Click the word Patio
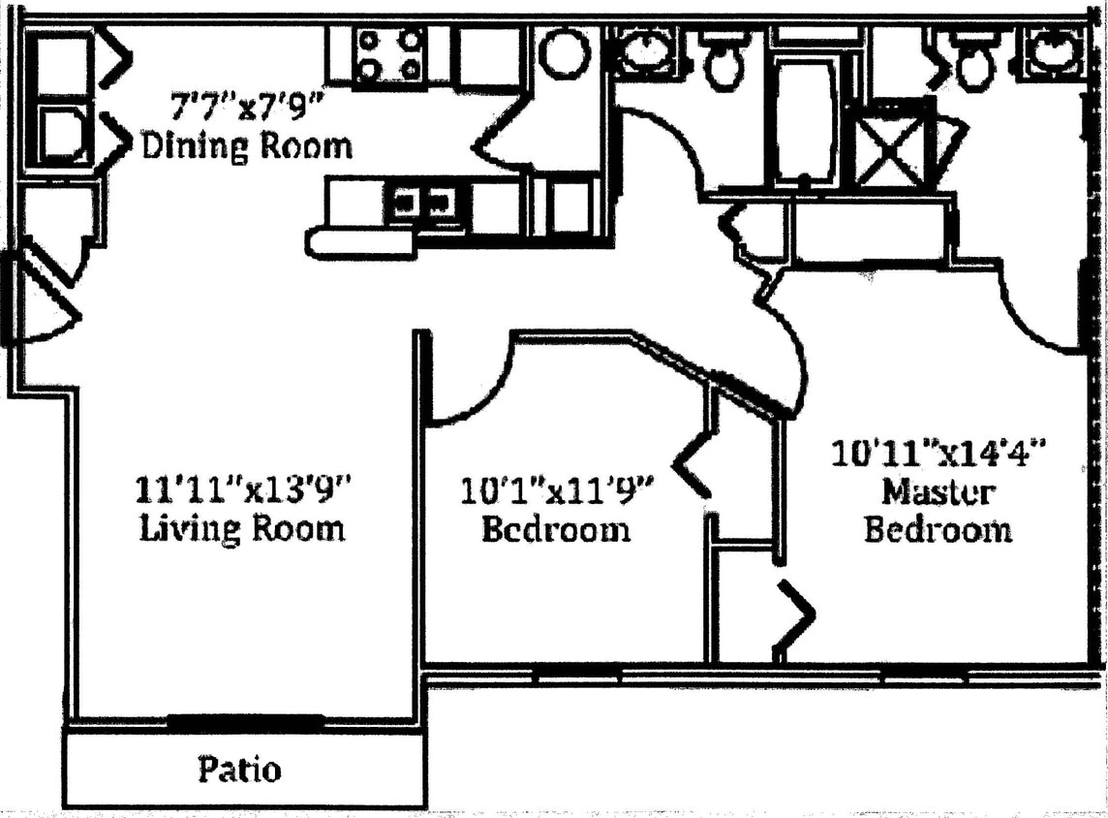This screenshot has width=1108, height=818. click(x=240, y=770)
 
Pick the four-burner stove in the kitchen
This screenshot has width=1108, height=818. click(x=389, y=55)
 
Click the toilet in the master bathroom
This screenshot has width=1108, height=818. click(x=973, y=63)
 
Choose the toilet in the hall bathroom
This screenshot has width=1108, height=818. click(x=722, y=63)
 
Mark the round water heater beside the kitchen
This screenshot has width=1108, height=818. click(x=564, y=52)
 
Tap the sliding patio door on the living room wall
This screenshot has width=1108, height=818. click(x=245, y=721)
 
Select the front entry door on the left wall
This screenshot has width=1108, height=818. click(x=44, y=300)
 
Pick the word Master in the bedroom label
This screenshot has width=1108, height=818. click(x=937, y=492)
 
